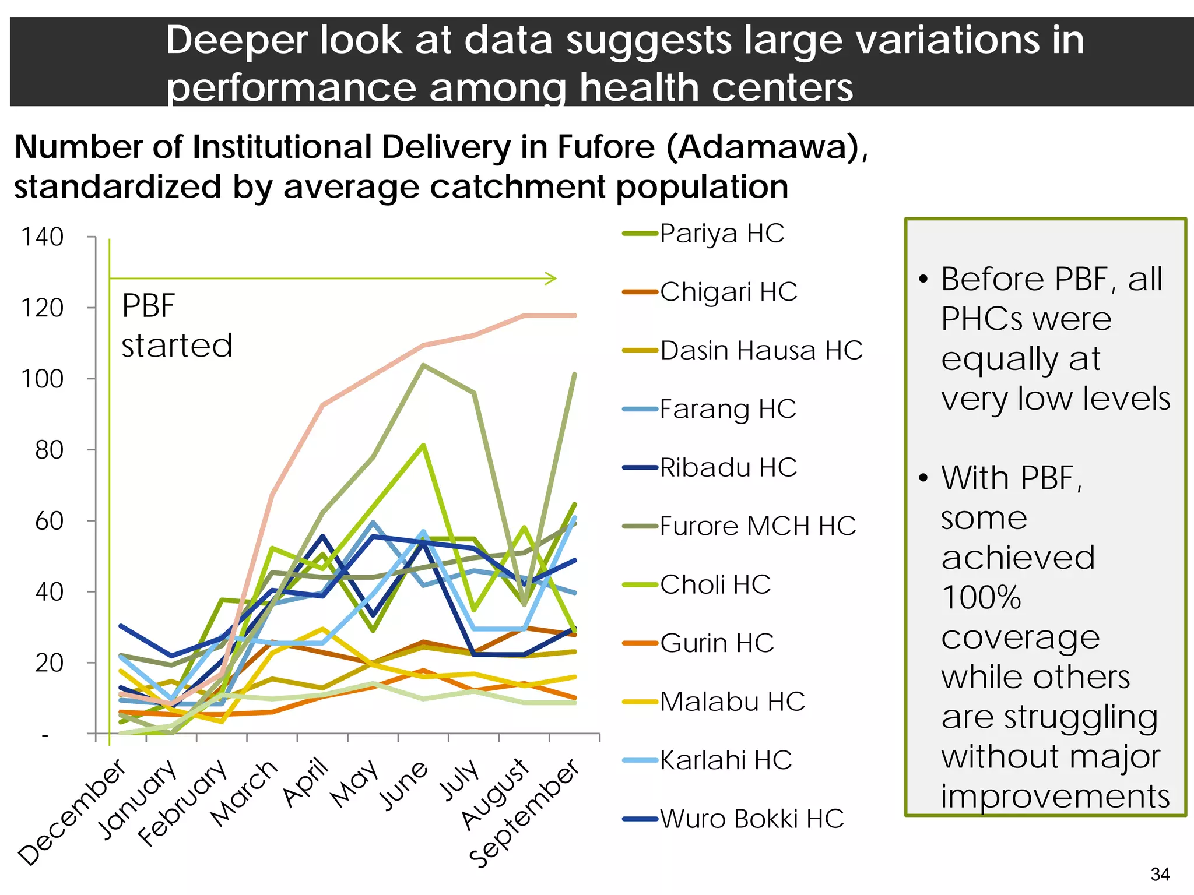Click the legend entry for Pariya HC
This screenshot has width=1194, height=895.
[x=722, y=234]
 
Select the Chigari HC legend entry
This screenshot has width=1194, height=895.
[x=728, y=292]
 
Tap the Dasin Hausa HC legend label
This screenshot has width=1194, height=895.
[x=761, y=351]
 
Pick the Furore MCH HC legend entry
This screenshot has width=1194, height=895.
[x=757, y=526]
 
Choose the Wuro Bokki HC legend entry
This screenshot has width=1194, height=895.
[x=751, y=819]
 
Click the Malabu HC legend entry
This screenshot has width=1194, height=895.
[x=732, y=702]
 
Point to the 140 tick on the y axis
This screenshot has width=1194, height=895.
[x=43, y=237]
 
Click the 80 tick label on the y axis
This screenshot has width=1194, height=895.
[x=50, y=450]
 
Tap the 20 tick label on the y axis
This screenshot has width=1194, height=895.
[x=50, y=663]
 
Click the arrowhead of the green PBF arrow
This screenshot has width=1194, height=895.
[x=552, y=279]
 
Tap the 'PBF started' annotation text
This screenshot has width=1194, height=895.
[x=177, y=326]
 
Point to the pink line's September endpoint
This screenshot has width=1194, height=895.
[x=575, y=316]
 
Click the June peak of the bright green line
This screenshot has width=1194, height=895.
[x=423, y=445]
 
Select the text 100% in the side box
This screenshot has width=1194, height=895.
[x=981, y=598]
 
